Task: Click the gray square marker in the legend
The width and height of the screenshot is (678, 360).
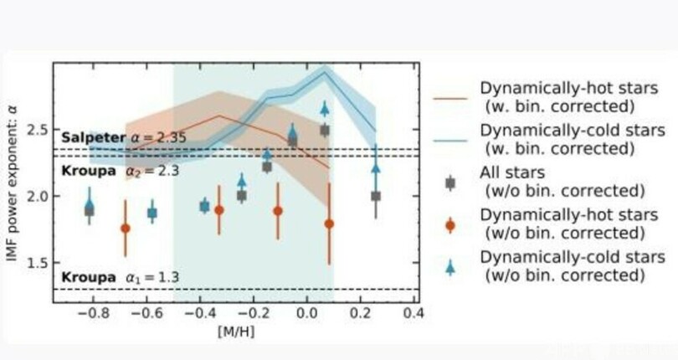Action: pos(450,182)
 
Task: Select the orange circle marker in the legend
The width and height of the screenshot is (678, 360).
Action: pos(450,224)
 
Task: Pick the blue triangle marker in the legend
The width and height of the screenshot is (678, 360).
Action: pos(450,267)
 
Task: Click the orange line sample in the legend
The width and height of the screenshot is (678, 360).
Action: pos(450,97)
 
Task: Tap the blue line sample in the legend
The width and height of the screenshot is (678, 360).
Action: pos(450,139)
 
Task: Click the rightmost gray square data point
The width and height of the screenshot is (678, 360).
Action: pos(376,196)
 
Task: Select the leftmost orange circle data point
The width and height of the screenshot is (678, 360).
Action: pos(126,228)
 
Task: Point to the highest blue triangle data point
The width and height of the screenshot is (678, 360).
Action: pos(325,108)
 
